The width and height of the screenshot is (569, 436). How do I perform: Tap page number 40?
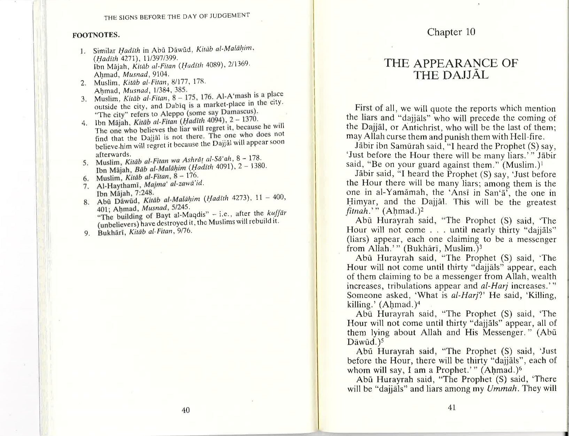click(186, 410)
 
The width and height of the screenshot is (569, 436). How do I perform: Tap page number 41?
click(452, 407)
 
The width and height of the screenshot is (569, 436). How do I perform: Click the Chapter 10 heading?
click(451, 32)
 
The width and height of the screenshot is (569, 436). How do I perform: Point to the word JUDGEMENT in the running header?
click(233, 15)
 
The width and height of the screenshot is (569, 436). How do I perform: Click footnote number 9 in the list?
click(87, 233)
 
